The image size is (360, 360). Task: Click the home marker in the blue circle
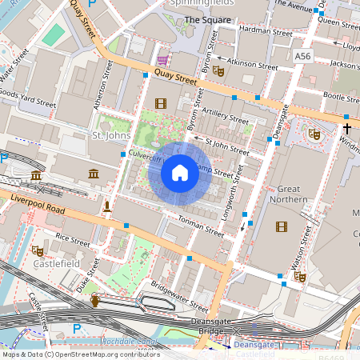coord(180,173)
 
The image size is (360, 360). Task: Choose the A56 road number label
coord(302,56)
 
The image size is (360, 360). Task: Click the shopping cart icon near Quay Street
coord(163,60)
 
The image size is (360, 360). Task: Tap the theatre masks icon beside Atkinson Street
coord(218,71)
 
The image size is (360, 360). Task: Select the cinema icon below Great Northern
coord(281,226)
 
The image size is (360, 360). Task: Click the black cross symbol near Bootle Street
coord(347,127)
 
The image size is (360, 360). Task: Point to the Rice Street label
coord(73,238)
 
